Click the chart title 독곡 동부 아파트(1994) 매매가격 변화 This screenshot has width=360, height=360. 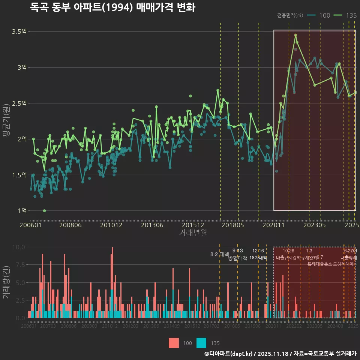[x=112, y=7]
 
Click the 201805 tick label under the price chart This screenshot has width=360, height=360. [x=233, y=225]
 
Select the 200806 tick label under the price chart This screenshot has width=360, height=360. [x=70, y=225]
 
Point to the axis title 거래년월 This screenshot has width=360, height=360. [x=193, y=232]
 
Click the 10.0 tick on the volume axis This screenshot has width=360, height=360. [x=19, y=247]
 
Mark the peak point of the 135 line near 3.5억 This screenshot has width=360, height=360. [x=295, y=35]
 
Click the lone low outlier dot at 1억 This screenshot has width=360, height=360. [x=44, y=211]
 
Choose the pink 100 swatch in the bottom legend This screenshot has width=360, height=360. [x=174, y=343]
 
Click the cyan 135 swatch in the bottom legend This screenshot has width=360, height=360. [x=201, y=343]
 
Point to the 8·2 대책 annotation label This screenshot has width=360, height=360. [x=219, y=254]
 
